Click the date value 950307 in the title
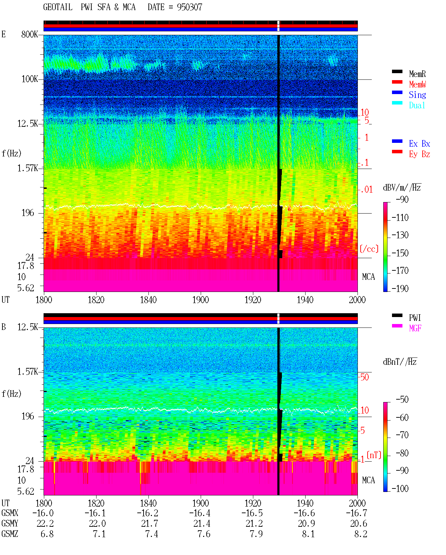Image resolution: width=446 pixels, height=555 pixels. pos(189,7)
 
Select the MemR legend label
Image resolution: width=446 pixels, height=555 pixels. pos(417,74)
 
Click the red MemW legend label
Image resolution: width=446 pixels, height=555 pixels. pos(417,84)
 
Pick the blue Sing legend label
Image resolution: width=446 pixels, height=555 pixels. pos(417,95)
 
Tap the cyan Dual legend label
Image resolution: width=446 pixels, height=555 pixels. pos(417,105)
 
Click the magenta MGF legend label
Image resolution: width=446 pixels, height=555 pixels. pos(415,328)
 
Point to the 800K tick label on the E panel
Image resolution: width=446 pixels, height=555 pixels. pos(30,34)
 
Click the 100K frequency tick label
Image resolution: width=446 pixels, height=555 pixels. pos(30,79)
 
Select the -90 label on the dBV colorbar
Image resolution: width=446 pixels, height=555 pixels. pos(402,199)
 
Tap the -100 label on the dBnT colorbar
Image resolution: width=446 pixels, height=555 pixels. pos(400,488)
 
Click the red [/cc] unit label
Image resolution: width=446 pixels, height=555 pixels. pos(369,249)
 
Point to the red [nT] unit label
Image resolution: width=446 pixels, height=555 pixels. pos(374,455)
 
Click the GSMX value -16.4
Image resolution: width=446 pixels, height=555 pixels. pos(200,513)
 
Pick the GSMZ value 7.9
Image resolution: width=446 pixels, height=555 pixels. pos(256,534)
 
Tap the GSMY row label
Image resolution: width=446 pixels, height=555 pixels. pos(10,523)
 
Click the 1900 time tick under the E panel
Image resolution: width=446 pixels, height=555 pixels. pos(200,300)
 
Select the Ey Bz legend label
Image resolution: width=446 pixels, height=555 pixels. pos(420,154)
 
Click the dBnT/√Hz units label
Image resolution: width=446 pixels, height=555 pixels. pos(400,362)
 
